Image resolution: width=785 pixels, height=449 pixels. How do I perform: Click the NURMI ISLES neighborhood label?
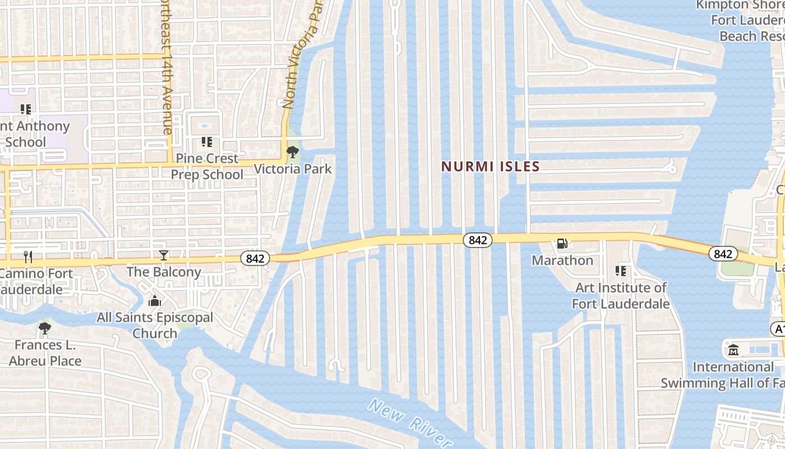tap(490, 166)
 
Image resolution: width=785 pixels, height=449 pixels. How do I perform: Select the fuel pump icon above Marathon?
tap(562, 244)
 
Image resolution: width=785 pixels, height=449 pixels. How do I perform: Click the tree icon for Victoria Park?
tap(292, 152)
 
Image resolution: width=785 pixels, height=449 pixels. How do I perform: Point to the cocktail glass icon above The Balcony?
tap(164, 255)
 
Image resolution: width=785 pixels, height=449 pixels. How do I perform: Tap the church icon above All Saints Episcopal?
tap(155, 301)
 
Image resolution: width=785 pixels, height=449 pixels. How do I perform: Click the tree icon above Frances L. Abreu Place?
tap(45, 328)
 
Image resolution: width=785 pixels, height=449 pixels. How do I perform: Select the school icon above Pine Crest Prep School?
tap(206, 142)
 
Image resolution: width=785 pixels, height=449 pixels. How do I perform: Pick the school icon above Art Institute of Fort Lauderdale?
tap(620, 271)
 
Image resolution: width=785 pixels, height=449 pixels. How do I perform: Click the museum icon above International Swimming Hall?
tap(733, 351)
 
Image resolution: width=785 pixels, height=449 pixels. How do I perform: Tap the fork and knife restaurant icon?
tap(28, 257)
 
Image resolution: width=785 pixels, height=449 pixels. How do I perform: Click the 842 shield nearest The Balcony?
tap(255, 258)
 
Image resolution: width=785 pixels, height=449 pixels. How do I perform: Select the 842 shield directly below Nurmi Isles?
tap(478, 240)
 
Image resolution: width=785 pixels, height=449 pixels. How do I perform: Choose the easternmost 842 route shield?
tap(723, 254)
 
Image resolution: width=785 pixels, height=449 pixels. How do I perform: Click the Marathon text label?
tap(562, 260)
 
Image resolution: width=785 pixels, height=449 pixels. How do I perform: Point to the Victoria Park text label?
tap(293, 169)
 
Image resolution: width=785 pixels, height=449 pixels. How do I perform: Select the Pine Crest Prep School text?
tap(207, 167)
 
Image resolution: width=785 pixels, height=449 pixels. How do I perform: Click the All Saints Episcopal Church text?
tap(155, 326)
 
